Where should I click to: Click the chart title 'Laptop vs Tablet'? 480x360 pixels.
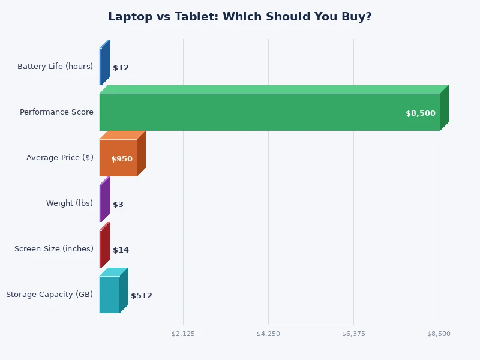pyautogui.click(x=239, y=17)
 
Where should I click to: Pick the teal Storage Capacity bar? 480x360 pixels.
pyautogui.click(x=109, y=295)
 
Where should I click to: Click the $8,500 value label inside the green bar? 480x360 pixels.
pyautogui.click(x=420, y=113)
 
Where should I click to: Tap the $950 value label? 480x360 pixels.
pyautogui.click(x=122, y=159)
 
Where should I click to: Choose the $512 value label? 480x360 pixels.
pyautogui.click(x=142, y=296)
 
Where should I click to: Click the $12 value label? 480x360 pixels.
pyautogui.click(x=121, y=68)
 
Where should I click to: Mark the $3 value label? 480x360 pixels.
pyautogui.click(x=118, y=205)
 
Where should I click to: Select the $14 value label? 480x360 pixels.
pyautogui.click(x=121, y=250)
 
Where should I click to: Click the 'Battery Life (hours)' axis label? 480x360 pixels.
pyautogui.click(x=55, y=67)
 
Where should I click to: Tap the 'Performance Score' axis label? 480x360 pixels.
pyautogui.click(x=56, y=112)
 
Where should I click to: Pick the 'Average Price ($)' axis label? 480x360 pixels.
pyautogui.click(x=59, y=158)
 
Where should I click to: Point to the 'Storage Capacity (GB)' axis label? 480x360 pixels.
pyautogui.click(x=49, y=295)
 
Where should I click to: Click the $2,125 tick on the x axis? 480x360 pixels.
pyautogui.click(x=183, y=334)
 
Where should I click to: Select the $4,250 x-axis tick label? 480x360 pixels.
pyautogui.click(x=268, y=334)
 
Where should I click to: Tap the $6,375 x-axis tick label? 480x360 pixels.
pyautogui.click(x=353, y=334)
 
